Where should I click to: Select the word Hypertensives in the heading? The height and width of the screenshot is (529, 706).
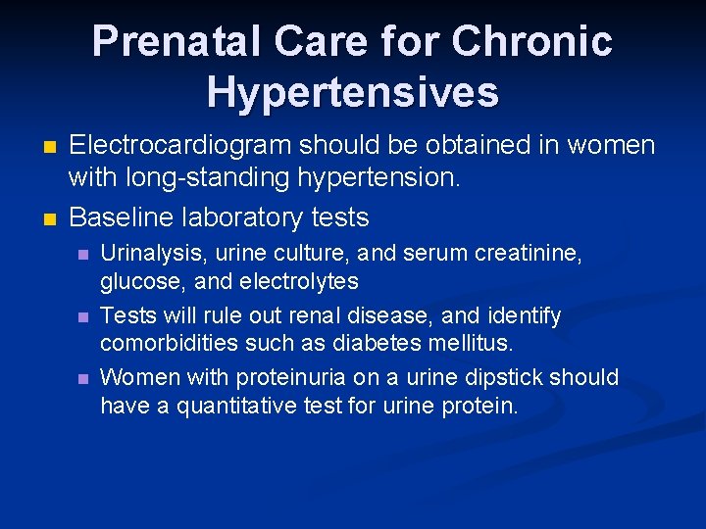tap(353, 92)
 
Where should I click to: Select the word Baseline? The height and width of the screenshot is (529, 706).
tap(121, 216)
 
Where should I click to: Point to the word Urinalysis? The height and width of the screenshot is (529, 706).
tap(150, 254)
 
